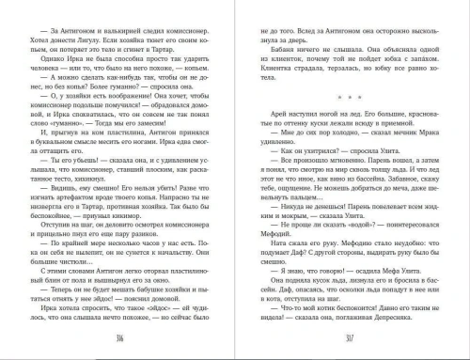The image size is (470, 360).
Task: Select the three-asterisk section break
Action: [348, 96]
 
